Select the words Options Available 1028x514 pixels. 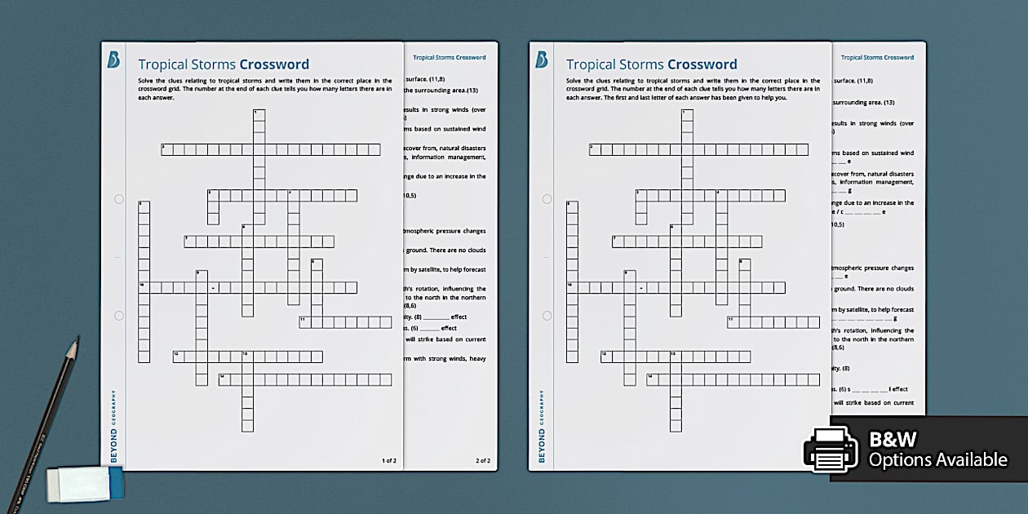[937, 460]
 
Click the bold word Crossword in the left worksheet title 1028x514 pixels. [274, 64]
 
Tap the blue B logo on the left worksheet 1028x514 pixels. [114, 60]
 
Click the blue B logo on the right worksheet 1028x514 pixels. [542, 60]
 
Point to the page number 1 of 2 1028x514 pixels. [388, 461]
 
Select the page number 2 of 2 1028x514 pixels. [483, 461]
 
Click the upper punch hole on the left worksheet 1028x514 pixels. [118, 199]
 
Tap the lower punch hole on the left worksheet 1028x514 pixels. [118, 315]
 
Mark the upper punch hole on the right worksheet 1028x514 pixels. [546, 199]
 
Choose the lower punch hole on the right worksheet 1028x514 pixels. [546, 315]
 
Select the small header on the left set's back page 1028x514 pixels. [449, 58]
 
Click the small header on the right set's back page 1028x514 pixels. [877, 58]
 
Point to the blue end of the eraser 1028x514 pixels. [113, 485]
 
